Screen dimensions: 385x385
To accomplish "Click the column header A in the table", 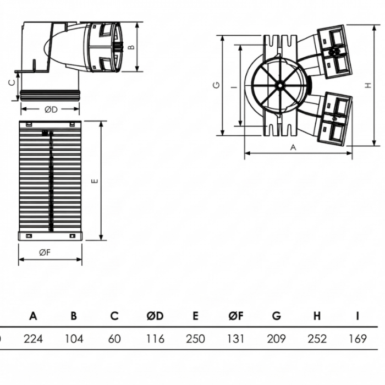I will tap(33, 316).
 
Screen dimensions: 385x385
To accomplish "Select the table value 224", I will tap(33, 338).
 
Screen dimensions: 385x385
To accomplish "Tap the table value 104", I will tap(74, 338).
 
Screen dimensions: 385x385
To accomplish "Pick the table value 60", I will tap(114, 338).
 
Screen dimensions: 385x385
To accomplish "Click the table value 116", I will tap(155, 338).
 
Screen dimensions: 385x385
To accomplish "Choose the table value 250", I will tap(195, 338).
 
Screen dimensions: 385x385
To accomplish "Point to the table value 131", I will tap(235, 338).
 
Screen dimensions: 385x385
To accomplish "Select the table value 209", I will tap(276, 338).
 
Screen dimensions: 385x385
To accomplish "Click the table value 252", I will tap(317, 338).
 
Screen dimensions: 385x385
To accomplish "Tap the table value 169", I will tap(357, 338).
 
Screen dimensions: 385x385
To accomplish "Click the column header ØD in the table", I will tap(155, 316).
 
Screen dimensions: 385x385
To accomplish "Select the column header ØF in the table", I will tap(235, 316).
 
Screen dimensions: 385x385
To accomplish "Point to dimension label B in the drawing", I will tap(131, 47).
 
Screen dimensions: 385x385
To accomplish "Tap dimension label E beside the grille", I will tap(95, 181).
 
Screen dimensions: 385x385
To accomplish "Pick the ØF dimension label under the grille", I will tap(45, 252).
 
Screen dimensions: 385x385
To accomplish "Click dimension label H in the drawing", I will tap(367, 85).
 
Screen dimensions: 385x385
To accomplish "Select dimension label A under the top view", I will tap(293, 147).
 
